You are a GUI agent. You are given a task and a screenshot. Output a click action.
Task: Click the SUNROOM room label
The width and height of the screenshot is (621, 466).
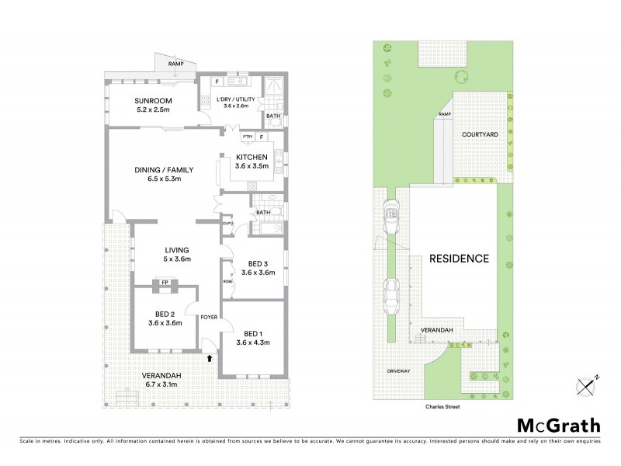click(152, 101)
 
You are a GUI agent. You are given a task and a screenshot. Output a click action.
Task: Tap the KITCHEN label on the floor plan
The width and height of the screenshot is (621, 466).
click(252, 157)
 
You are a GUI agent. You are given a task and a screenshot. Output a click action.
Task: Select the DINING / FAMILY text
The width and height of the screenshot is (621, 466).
click(164, 169)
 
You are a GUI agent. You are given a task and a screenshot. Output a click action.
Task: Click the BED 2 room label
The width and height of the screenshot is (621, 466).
click(165, 313)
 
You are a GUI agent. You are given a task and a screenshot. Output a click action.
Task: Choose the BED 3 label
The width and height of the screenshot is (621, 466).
click(258, 263)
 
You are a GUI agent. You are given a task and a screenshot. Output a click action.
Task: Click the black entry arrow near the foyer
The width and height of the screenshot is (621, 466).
click(209, 358)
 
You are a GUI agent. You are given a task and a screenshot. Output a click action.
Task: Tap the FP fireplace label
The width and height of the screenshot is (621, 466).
click(165, 282)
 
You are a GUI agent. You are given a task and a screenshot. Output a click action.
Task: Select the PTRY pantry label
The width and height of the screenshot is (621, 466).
click(248, 137)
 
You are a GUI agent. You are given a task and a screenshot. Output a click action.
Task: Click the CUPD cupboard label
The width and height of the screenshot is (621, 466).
click(227, 224)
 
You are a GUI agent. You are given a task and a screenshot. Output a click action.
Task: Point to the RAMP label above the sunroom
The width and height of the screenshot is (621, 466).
click(175, 63)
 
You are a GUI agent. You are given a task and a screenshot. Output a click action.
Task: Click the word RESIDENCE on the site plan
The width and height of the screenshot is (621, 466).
click(460, 259)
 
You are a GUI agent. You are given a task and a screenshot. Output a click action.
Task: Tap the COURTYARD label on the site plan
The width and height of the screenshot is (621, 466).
click(480, 134)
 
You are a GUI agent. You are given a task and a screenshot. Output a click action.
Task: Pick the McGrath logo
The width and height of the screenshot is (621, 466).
click(558, 425)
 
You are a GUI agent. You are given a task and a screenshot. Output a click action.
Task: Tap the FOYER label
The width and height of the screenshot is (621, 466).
click(208, 317)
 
